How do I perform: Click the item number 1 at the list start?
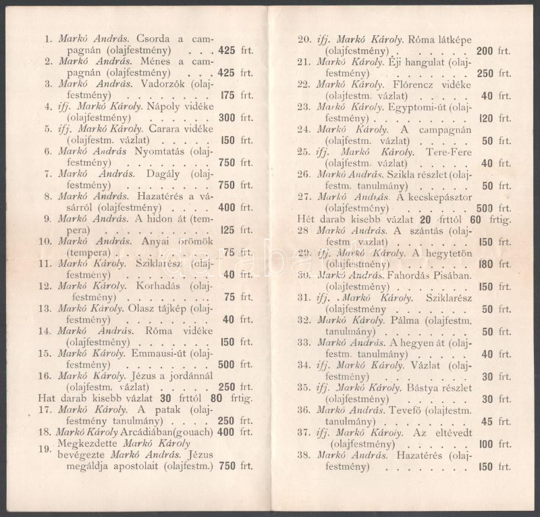tap(48, 39)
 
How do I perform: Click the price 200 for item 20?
tap(485, 51)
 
